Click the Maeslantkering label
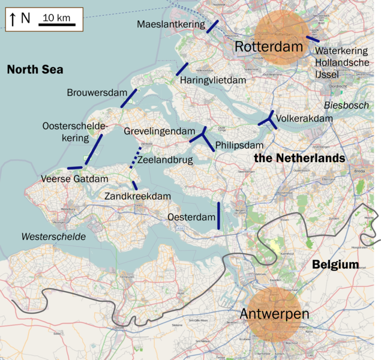click(x=170, y=25)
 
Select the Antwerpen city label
click(x=274, y=314)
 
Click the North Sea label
click(x=35, y=70)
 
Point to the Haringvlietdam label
click(x=212, y=80)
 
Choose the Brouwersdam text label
click(x=97, y=92)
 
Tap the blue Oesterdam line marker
click(x=218, y=215)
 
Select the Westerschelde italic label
click(x=53, y=236)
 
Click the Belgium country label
click(x=335, y=265)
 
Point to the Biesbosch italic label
click(x=346, y=105)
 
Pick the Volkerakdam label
click(x=305, y=119)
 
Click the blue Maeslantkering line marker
click(x=212, y=26)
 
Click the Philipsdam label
click(x=239, y=146)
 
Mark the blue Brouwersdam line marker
click(x=128, y=98)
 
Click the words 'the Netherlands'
click(x=299, y=158)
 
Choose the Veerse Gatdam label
click(x=74, y=179)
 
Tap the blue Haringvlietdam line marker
click(x=182, y=68)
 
